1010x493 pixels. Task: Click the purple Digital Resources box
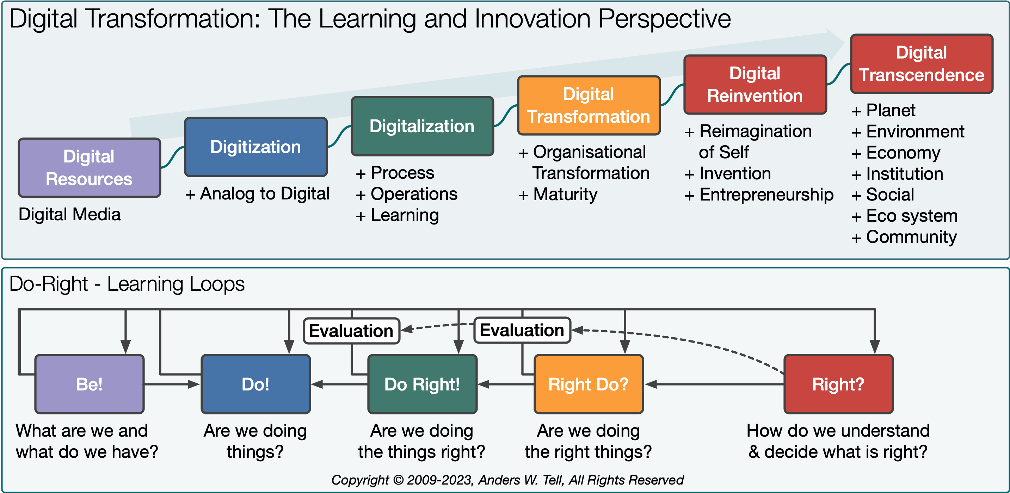click(x=90, y=167)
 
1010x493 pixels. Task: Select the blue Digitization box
click(x=255, y=147)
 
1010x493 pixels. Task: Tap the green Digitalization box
click(x=422, y=126)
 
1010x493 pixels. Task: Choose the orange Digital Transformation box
click(x=589, y=105)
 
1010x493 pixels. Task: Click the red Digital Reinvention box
click(x=755, y=84)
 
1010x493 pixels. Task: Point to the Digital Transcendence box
click(x=922, y=63)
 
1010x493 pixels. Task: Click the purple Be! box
click(x=90, y=384)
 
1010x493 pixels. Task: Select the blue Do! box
click(x=255, y=384)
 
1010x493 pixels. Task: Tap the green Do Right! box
click(x=422, y=384)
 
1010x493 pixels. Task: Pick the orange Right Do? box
click(x=589, y=384)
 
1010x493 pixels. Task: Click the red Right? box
click(x=838, y=384)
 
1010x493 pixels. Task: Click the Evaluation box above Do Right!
click(x=351, y=331)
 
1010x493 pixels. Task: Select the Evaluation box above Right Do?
click(x=522, y=330)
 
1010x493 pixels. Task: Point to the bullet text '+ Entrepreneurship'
click(x=759, y=195)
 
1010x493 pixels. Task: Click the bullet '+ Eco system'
click(x=905, y=216)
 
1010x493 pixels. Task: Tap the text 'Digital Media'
click(x=69, y=214)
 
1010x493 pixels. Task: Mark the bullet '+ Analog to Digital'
click(x=257, y=193)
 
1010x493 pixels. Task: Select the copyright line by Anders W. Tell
click(x=507, y=480)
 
